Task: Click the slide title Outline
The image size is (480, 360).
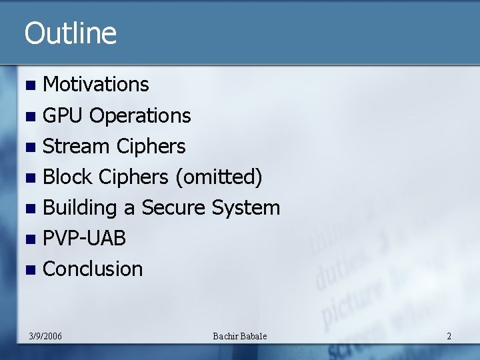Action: pos(70,33)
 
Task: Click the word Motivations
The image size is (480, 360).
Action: pos(96,85)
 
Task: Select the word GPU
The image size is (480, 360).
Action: pos(63,115)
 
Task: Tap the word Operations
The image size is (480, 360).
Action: pos(140,115)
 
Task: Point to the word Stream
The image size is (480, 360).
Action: pos(76,146)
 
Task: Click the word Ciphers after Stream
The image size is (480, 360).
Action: pos(151,146)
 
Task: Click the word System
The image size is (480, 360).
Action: pos(246,207)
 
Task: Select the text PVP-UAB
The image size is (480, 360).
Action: pos(84,238)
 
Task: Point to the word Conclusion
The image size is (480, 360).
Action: pos(93,269)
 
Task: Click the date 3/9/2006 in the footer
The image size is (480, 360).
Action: pos(46,336)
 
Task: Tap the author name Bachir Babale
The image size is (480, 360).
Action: pos(239,336)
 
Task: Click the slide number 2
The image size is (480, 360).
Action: pos(449,336)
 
